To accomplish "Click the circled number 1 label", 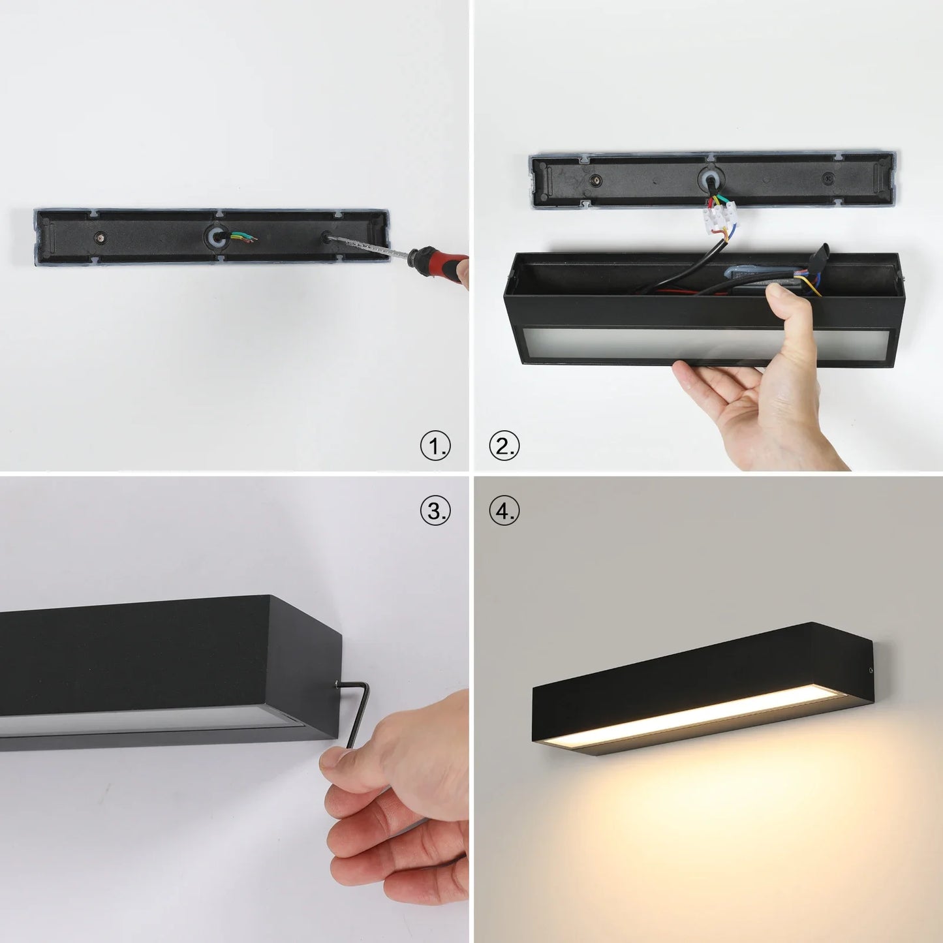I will click(435, 447).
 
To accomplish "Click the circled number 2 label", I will click(504, 447).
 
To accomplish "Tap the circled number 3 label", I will click(435, 510).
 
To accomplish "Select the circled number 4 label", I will click(504, 510).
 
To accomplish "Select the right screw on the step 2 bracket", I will click(828, 178).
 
